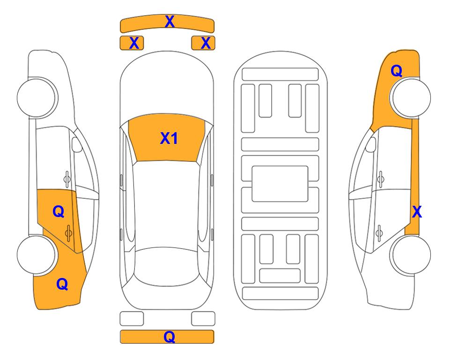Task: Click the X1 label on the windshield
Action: (x=169, y=138)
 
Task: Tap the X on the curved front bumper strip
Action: (x=170, y=22)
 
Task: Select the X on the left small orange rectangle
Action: (x=134, y=43)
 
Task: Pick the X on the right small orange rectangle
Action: (x=206, y=43)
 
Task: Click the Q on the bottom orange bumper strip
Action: (x=170, y=337)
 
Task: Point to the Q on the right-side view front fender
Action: (x=396, y=71)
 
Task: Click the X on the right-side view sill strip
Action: (x=417, y=212)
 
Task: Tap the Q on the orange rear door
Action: (x=59, y=212)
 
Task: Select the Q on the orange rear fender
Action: (x=62, y=284)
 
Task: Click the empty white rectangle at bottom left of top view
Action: (x=132, y=319)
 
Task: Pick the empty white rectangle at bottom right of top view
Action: (x=203, y=319)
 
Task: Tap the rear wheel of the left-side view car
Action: (x=37, y=255)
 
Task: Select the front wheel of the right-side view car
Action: (x=410, y=97)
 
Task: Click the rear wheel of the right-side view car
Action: (x=410, y=255)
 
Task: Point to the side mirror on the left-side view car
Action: (x=77, y=144)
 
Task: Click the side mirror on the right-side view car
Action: (x=370, y=144)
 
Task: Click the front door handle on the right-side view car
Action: (x=380, y=179)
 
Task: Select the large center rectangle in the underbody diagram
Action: (x=280, y=184)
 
